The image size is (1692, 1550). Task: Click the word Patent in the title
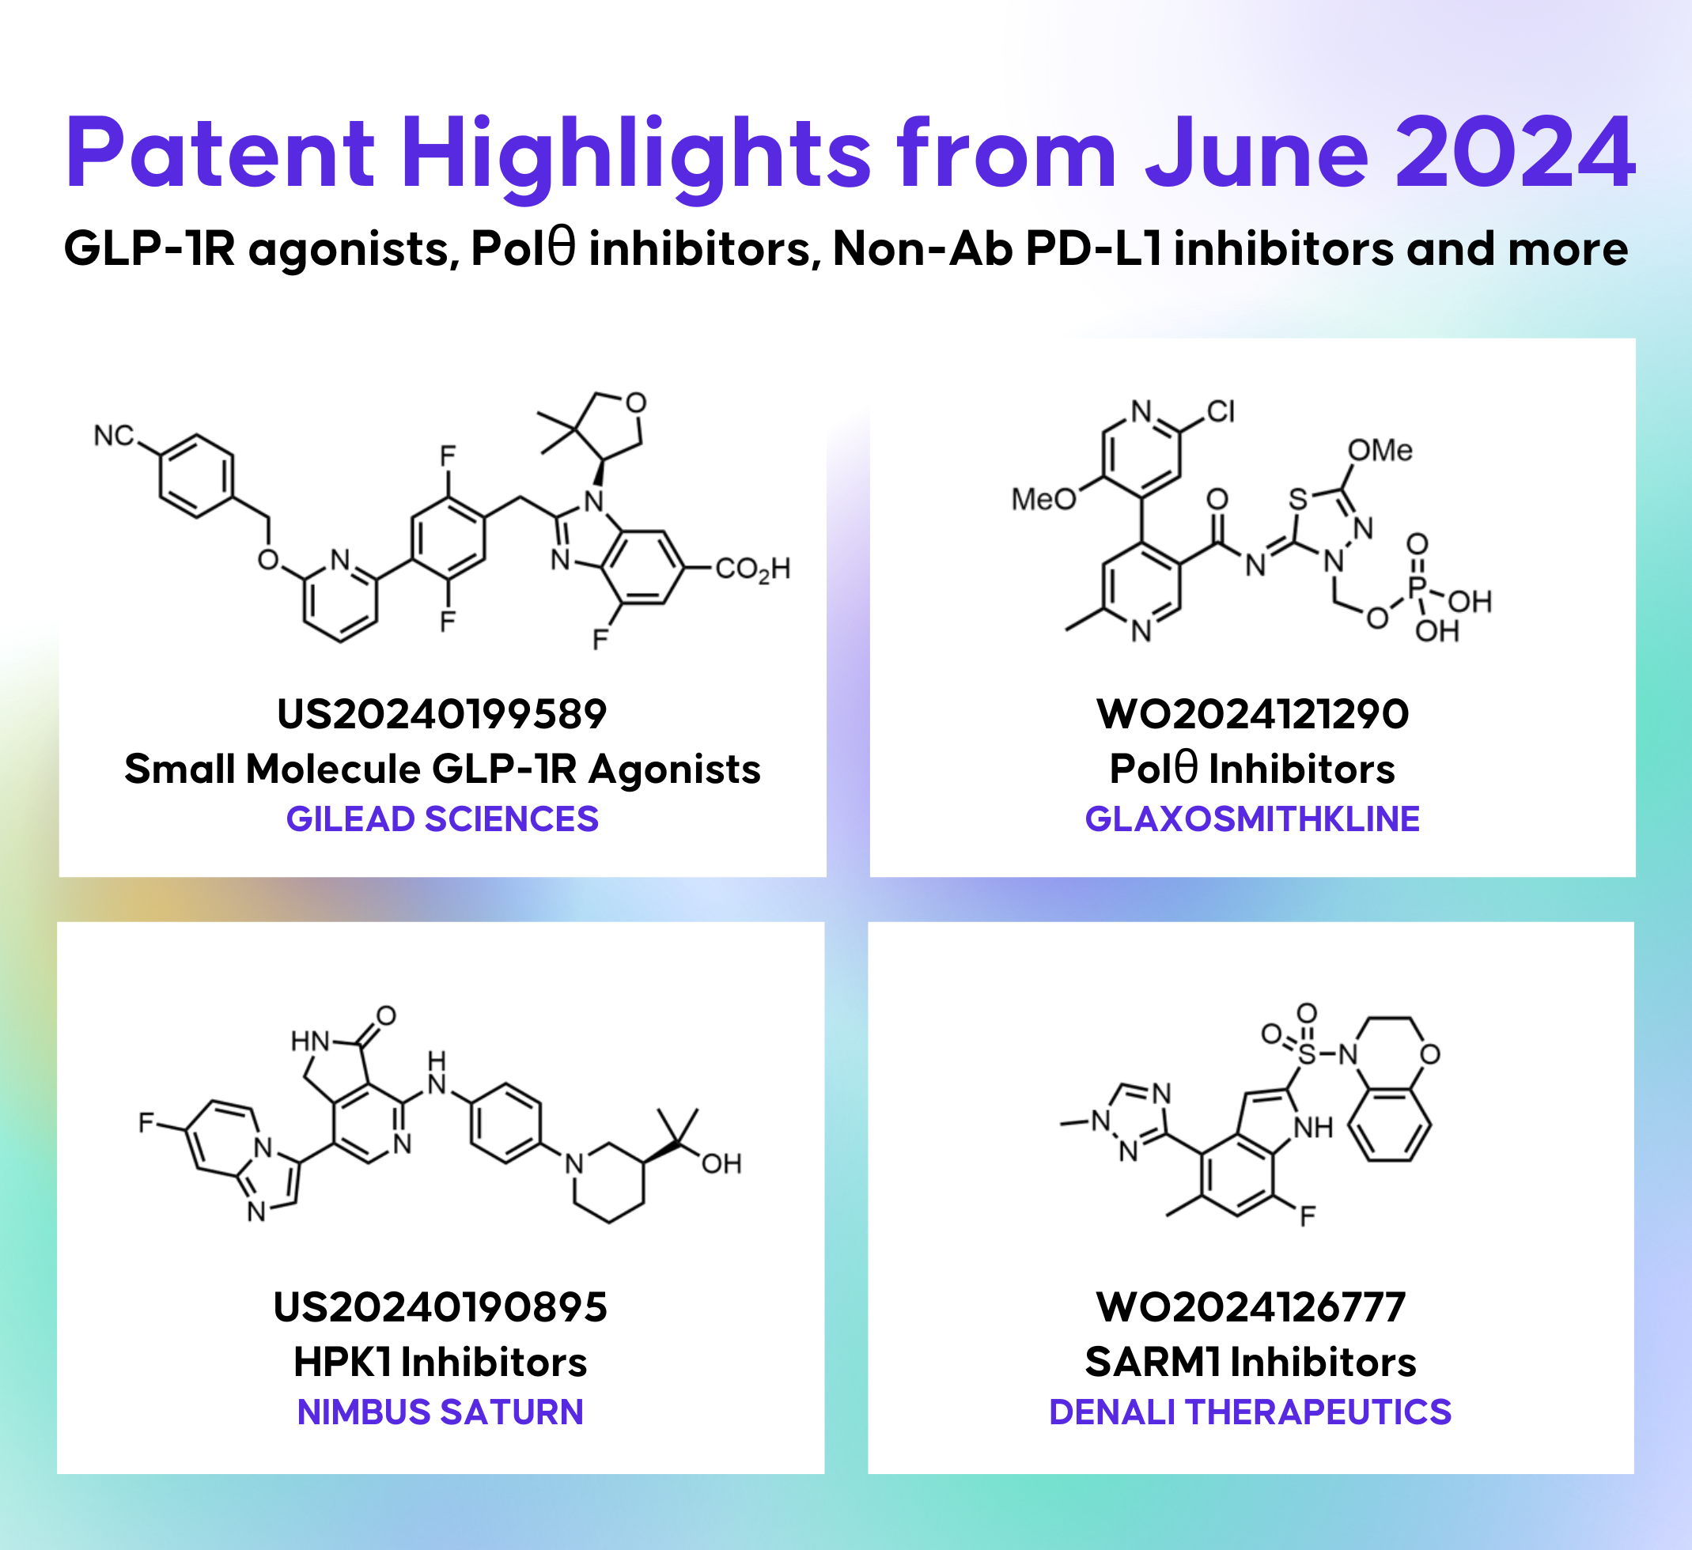point(220,153)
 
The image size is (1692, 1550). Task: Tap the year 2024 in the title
point(1514,153)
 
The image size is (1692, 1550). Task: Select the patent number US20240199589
point(441,714)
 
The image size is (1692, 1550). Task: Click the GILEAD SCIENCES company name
point(441,819)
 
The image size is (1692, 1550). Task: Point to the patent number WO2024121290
point(1252,714)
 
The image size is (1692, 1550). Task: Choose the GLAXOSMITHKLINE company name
point(1252,819)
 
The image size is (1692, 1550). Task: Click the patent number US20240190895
point(440,1307)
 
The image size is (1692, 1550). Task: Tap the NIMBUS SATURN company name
point(440,1412)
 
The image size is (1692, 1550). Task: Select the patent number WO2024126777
point(1251,1307)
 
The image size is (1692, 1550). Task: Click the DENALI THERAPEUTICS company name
point(1251,1412)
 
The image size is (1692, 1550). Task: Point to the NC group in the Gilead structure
point(113,436)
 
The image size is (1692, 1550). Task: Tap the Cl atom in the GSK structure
point(1221,411)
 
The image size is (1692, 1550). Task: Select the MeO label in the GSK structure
point(1043,499)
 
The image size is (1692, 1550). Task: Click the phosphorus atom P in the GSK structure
point(1418,585)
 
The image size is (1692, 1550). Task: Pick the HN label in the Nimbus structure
point(310,1042)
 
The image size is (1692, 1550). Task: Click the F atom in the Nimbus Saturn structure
point(146,1122)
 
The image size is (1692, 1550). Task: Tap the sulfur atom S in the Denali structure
point(1307,1054)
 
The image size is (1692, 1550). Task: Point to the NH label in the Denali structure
point(1313,1128)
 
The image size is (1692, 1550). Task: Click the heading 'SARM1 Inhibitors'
point(1251,1361)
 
